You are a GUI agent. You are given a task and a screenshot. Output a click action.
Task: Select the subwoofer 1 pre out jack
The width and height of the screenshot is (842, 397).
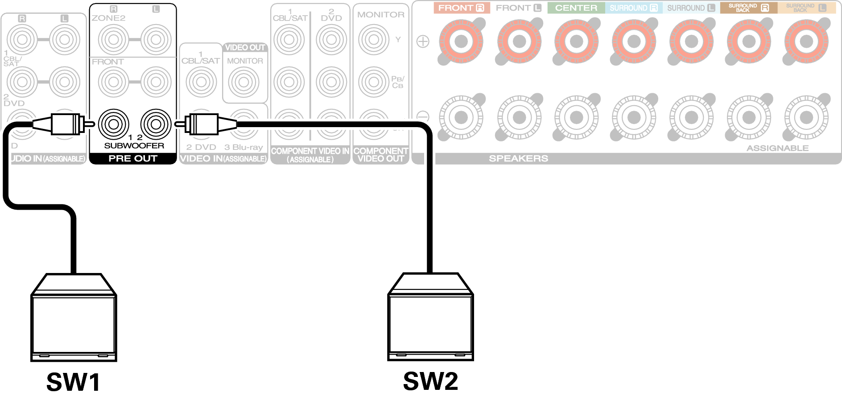(113, 124)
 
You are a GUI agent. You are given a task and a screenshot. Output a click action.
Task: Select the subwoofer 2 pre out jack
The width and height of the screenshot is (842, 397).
(156, 124)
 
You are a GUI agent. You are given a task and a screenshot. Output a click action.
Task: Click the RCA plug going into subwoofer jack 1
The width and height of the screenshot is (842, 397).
(66, 124)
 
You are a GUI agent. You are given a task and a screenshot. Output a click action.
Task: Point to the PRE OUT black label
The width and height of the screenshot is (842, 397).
(133, 158)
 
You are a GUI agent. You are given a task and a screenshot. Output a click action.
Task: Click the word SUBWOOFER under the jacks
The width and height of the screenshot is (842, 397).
(134, 145)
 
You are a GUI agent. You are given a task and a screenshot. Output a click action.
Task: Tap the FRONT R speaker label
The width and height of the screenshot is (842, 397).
(461, 8)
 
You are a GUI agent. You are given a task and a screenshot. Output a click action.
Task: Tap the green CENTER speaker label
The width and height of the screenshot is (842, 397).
(576, 8)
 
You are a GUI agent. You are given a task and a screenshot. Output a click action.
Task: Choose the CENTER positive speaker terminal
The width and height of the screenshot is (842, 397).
(576, 41)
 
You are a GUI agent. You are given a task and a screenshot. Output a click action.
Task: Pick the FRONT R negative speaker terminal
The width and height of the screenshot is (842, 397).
(461, 117)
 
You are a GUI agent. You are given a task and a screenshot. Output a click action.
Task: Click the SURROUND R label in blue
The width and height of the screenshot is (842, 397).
(634, 8)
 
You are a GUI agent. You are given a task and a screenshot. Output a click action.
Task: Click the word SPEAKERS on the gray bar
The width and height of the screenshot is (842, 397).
(518, 158)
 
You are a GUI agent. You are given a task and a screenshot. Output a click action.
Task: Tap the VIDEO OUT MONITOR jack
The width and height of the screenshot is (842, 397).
(244, 82)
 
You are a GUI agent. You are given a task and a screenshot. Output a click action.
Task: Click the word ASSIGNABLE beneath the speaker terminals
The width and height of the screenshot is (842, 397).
(777, 148)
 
